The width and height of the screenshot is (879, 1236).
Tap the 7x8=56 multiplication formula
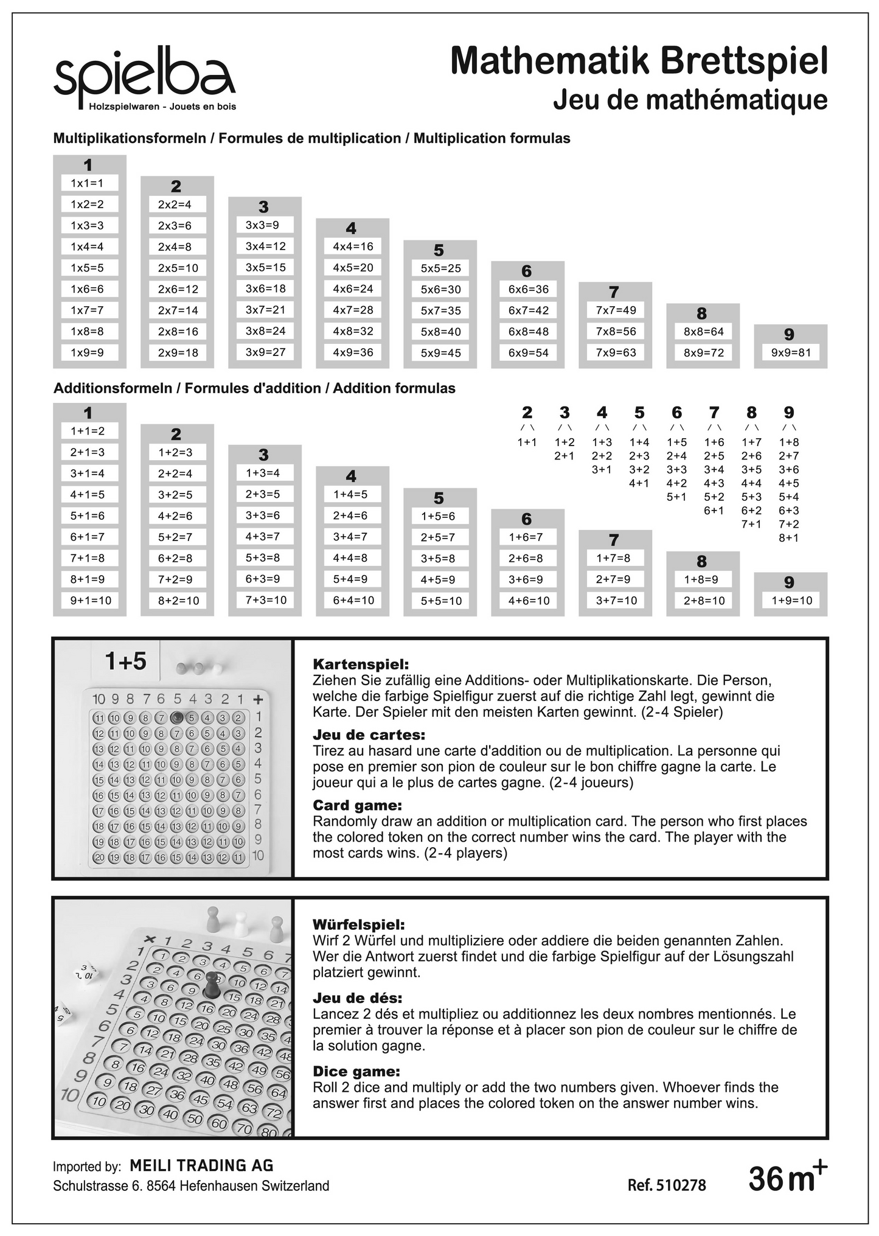click(x=616, y=331)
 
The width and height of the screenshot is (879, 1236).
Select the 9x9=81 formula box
click(x=791, y=352)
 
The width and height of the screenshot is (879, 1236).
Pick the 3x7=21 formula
click(x=265, y=310)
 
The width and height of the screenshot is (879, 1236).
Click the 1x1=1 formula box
click(x=89, y=183)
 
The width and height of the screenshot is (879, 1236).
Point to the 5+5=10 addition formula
click(x=440, y=601)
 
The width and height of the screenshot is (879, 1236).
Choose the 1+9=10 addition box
click(x=791, y=601)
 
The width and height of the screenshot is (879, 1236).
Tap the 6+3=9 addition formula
click(x=265, y=579)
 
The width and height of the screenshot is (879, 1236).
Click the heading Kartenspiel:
click(x=361, y=664)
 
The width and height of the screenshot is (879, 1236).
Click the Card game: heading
click(x=358, y=806)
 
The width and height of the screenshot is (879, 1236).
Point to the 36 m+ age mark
click(x=787, y=1178)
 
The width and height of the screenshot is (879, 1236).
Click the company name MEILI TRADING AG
click(x=202, y=1165)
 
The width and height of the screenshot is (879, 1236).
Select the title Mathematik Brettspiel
click(x=639, y=61)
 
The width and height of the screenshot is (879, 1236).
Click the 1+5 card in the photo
click(x=125, y=660)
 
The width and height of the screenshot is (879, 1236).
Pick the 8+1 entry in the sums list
click(x=789, y=538)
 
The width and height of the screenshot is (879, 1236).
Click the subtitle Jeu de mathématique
click(x=690, y=100)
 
